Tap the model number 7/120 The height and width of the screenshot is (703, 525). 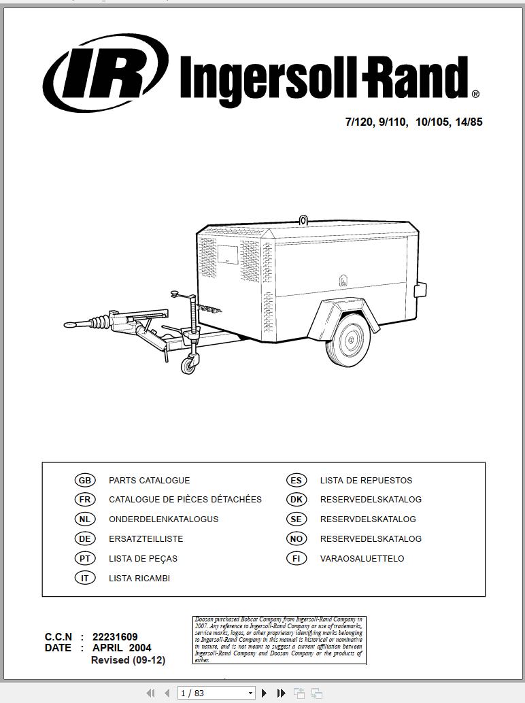[359, 122]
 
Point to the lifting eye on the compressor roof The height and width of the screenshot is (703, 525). [303, 220]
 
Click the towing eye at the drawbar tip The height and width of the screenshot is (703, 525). [70, 324]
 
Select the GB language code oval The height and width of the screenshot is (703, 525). [85, 481]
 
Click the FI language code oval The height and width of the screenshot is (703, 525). [297, 559]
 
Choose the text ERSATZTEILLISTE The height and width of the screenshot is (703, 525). [146, 539]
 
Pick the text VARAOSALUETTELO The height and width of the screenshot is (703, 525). [362, 559]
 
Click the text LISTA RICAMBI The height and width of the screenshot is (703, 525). [139, 579]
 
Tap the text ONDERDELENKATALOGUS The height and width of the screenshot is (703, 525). [163, 519]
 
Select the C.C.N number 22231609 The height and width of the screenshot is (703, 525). [115, 637]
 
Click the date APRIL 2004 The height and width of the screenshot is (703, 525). [122, 648]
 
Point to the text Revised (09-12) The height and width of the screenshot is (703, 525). [128, 660]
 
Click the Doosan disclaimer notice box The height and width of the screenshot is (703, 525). [280, 640]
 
